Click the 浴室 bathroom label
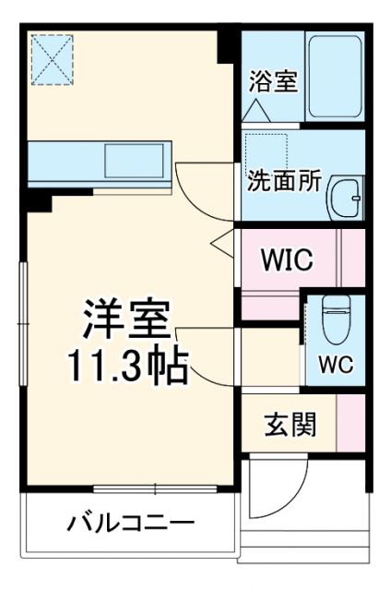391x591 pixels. [x=272, y=81]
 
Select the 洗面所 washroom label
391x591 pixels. [x=283, y=181]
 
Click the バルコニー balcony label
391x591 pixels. [x=130, y=524]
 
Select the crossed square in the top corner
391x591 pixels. [x=52, y=56]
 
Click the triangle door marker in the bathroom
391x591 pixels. [x=255, y=110]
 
